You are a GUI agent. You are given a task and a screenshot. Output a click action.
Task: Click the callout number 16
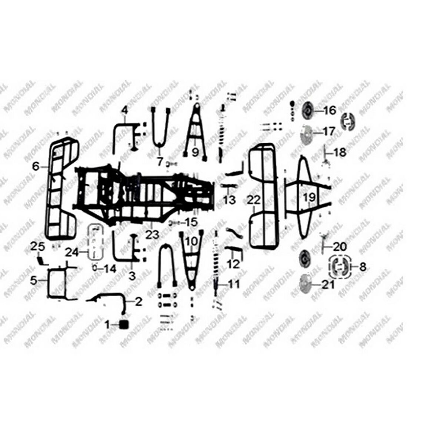click(329, 110)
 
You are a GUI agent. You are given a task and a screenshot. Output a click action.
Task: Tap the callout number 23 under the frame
click(152, 234)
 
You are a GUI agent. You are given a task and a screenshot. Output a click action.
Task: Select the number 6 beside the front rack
click(36, 167)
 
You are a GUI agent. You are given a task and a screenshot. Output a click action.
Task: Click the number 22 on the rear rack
click(254, 200)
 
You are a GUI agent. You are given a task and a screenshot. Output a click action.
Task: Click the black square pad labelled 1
click(123, 324)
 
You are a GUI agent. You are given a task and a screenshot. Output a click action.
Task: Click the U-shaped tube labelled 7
click(160, 126)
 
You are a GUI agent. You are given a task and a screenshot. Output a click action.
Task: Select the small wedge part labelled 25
click(42, 260)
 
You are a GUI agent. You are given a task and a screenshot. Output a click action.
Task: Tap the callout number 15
click(191, 223)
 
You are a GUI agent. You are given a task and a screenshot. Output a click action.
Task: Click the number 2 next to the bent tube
click(138, 301)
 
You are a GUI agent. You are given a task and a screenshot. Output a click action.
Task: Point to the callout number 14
click(110, 269)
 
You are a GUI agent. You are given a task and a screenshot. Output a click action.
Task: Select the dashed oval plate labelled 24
click(95, 243)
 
